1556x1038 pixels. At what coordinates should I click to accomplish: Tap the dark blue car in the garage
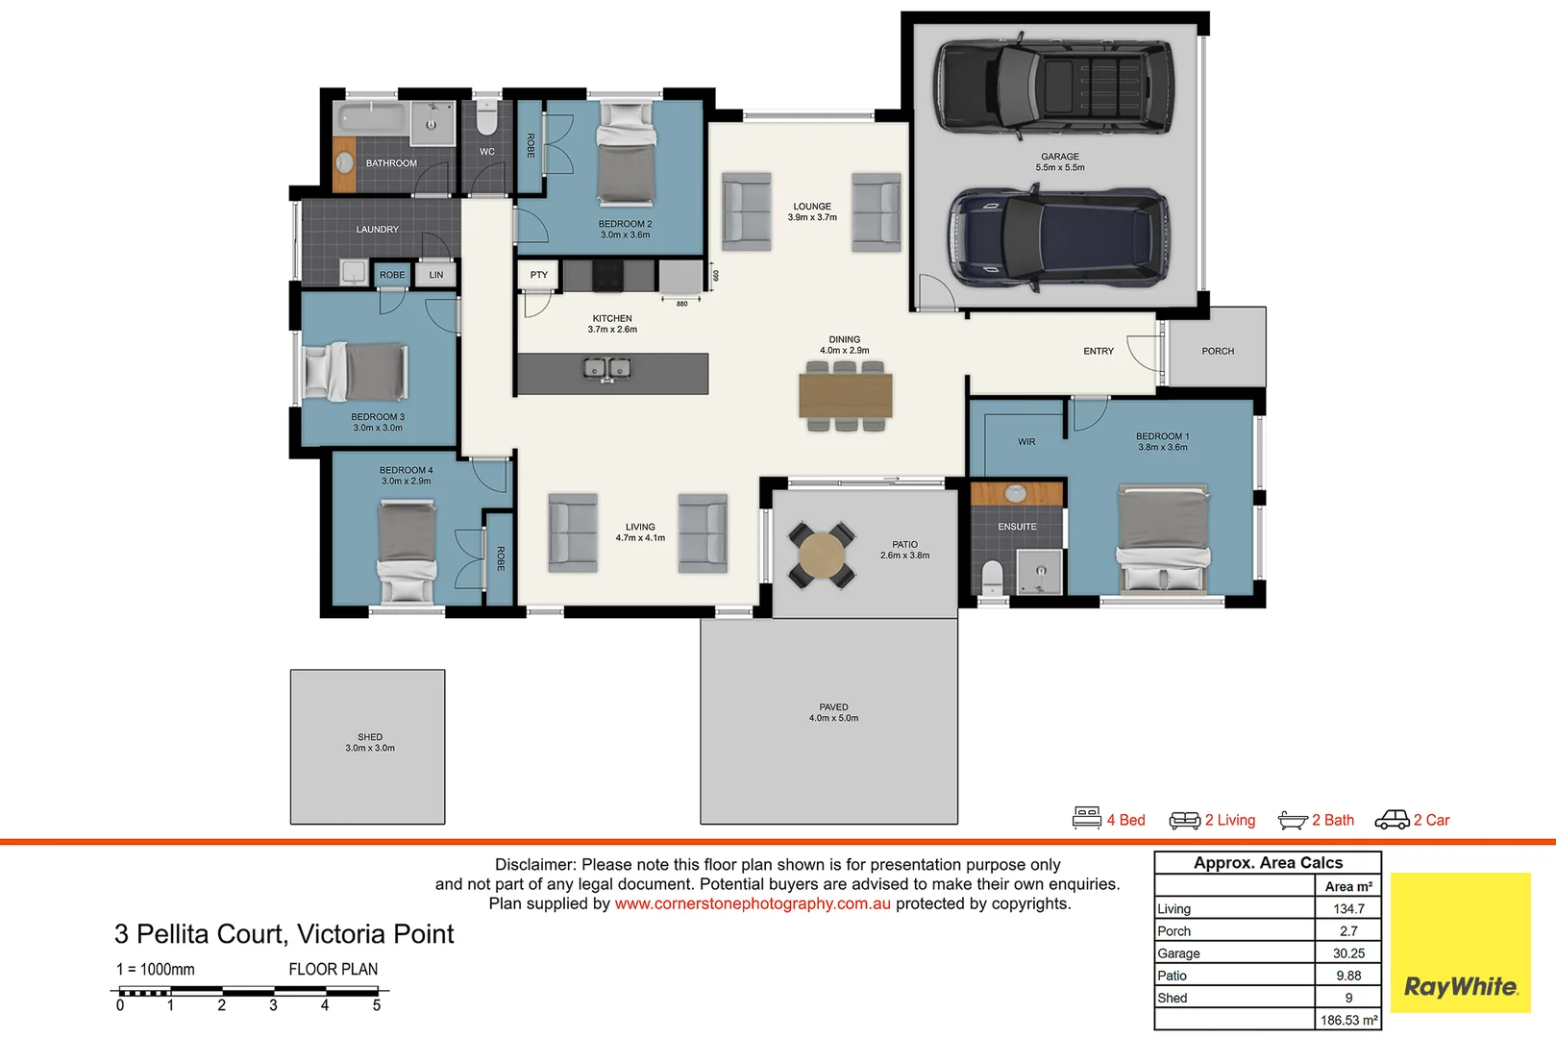coord(1058,237)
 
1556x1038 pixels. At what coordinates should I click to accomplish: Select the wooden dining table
coord(845,395)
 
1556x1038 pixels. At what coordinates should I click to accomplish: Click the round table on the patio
coord(822,556)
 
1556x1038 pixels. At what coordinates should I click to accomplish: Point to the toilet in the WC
coord(486,119)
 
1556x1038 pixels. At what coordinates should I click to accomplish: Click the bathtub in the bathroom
coord(371,119)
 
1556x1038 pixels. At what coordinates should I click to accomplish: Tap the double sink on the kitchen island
coord(608,368)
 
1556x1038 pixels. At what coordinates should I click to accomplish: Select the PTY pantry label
coord(538,275)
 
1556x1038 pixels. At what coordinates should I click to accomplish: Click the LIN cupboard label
coord(436,275)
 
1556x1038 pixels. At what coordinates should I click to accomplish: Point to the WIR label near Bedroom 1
coord(1026,442)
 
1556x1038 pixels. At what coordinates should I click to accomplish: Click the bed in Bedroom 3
coord(355,372)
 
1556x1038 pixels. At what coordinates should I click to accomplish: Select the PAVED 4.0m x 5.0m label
coord(833,712)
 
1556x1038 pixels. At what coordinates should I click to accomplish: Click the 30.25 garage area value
coord(1348,953)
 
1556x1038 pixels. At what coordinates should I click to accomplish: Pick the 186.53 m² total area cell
coord(1348,1020)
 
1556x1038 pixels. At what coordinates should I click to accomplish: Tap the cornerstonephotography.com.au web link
coord(753,903)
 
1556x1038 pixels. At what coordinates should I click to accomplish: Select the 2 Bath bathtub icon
coord(1293,820)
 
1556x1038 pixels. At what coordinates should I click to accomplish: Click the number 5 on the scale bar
coord(377,1005)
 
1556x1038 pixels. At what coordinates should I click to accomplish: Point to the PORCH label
coord(1218,351)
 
